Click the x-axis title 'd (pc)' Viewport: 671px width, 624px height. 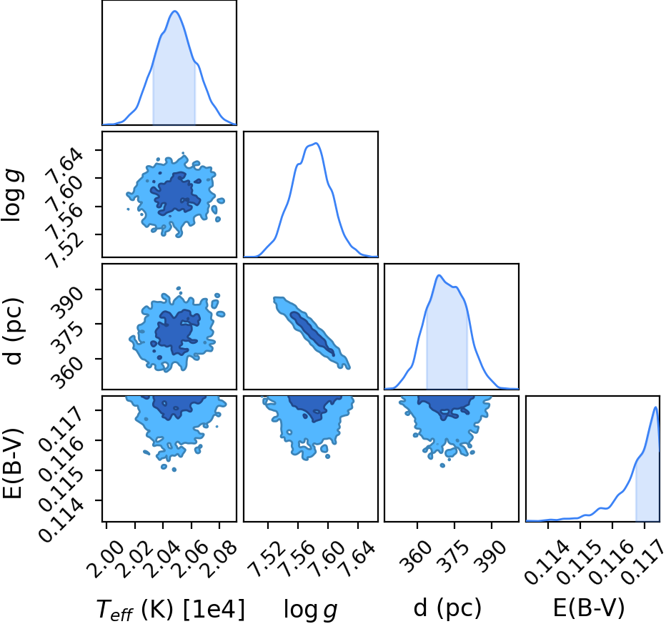(x=447, y=608)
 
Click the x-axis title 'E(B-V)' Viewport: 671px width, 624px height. (x=588, y=608)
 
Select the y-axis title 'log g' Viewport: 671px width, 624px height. (x=13, y=195)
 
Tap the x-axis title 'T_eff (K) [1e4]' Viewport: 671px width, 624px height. (x=171, y=608)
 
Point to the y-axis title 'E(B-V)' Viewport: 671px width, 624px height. (x=12, y=463)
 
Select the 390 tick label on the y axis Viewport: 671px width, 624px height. (x=68, y=302)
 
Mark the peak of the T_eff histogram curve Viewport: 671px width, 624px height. (x=174, y=11)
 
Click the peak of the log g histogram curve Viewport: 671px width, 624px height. (x=316, y=144)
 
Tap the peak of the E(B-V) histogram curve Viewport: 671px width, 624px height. (x=655, y=407)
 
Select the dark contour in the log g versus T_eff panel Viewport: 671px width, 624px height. (x=175, y=193)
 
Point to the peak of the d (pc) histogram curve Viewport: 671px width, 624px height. (x=439, y=275)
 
